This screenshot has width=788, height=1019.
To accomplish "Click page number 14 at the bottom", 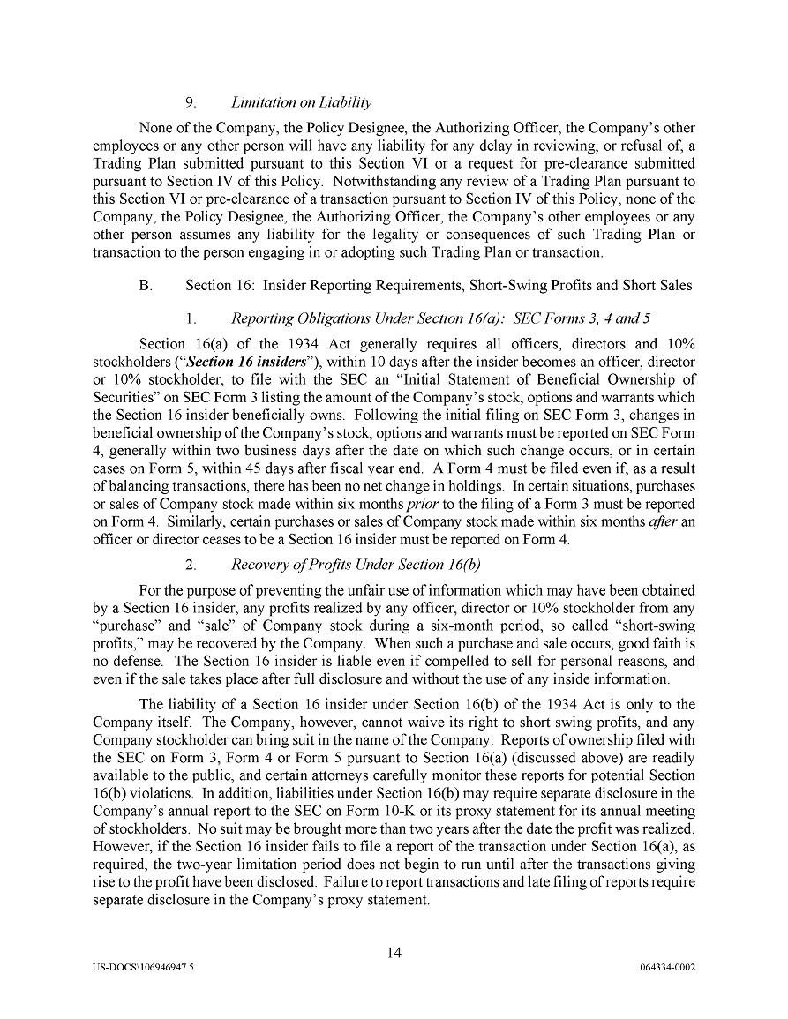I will point(394,951).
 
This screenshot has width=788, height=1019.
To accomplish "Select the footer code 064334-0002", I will point(668,967).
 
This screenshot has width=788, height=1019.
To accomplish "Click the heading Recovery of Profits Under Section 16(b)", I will point(356,565).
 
